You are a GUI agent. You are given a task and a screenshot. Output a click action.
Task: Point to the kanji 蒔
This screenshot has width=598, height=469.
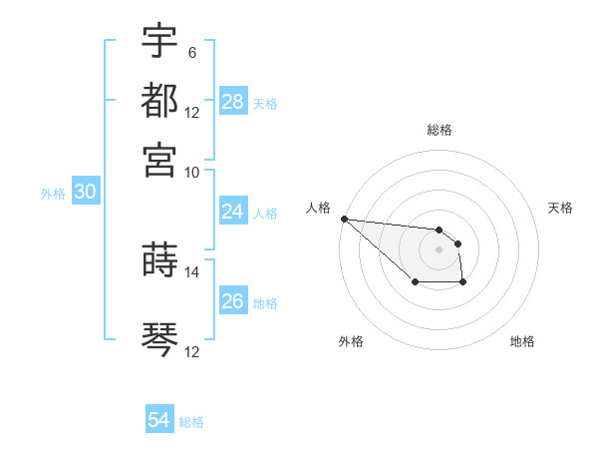160,258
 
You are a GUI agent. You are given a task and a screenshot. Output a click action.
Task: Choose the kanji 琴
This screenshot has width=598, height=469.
160,339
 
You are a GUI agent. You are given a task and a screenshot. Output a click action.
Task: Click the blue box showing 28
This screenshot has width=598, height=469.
233,102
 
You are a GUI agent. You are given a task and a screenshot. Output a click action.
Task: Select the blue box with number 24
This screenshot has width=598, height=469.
233,212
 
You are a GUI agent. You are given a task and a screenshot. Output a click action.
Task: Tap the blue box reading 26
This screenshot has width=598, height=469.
233,301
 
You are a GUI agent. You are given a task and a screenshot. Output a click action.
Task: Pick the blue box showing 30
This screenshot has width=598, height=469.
85,193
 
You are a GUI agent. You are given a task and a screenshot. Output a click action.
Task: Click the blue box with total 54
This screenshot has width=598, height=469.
159,420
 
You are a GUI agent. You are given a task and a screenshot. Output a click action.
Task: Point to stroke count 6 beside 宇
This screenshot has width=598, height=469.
191,51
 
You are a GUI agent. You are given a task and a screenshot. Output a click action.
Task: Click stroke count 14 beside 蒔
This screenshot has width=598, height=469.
192,270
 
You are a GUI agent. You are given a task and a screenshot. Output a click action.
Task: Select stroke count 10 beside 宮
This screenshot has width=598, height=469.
192,171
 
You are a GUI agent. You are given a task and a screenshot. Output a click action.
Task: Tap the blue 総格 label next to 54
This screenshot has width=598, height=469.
191,422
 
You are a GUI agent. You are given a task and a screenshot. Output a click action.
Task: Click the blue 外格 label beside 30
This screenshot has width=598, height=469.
53,194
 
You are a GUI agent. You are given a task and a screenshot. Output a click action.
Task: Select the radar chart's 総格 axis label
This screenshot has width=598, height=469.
440,130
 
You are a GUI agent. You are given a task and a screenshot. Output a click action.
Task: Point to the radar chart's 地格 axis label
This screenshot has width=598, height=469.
522,341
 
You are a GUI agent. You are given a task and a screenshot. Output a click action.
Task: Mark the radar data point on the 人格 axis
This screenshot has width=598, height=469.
344,219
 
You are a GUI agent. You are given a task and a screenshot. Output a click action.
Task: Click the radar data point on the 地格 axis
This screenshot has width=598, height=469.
463,283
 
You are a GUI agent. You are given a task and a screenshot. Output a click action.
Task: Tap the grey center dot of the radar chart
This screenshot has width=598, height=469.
439,248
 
